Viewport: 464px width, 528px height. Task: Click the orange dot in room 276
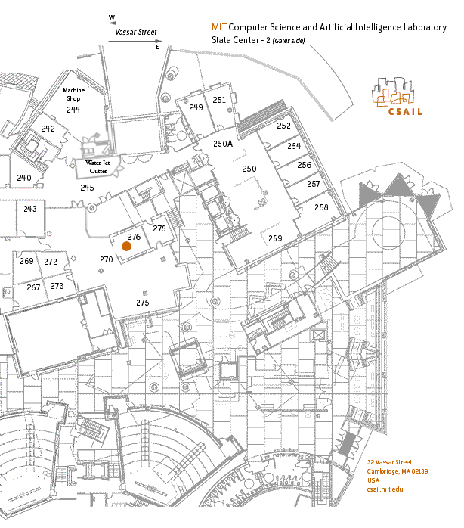(126, 246)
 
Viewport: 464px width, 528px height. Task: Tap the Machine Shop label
(74, 95)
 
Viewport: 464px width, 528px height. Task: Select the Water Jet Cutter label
(97, 166)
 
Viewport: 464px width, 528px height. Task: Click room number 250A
(223, 144)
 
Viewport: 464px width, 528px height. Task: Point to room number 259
(275, 238)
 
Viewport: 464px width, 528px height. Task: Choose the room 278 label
(159, 228)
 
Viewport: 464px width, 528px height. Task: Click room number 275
(143, 303)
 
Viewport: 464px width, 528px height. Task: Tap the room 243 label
(30, 209)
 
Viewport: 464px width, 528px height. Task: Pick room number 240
(24, 178)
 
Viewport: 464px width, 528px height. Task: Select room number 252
(283, 126)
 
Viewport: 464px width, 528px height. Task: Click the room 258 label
(321, 207)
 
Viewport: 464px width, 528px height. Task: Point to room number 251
(219, 100)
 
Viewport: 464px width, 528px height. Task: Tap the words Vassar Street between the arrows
(136, 32)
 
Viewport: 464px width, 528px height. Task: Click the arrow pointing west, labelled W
(136, 23)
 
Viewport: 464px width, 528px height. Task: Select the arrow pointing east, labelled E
(135, 41)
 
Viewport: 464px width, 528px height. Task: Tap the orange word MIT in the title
(219, 27)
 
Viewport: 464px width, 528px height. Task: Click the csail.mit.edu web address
(385, 489)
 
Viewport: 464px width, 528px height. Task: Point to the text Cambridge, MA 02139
(397, 471)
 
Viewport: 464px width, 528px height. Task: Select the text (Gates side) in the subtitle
(289, 41)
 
